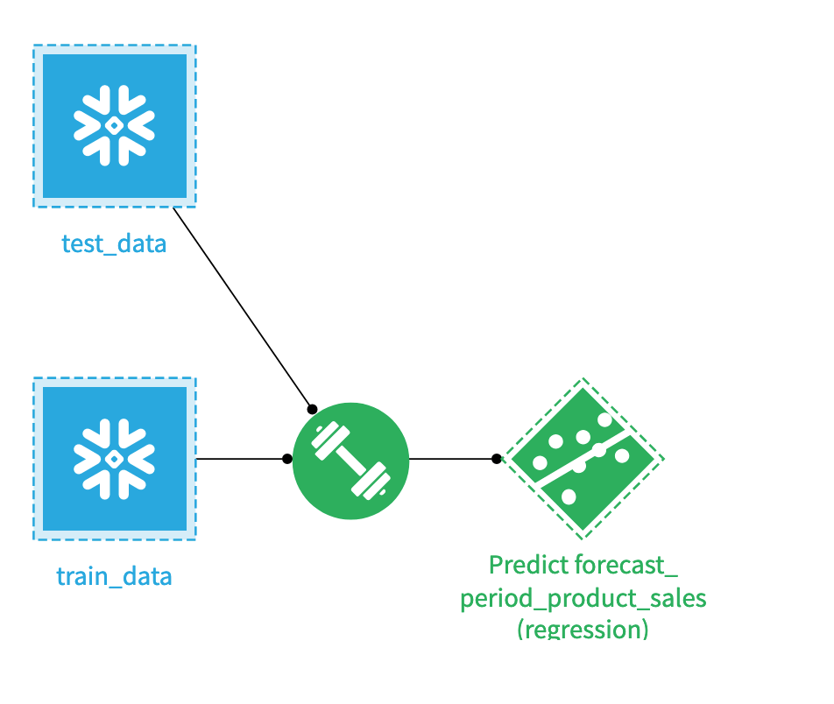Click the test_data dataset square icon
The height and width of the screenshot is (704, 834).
(x=115, y=126)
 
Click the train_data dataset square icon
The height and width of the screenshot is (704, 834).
(x=115, y=459)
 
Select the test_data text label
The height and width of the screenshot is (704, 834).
(x=114, y=243)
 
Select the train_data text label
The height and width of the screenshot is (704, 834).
(x=114, y=576)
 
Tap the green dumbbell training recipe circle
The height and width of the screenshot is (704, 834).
(x=350, y=460)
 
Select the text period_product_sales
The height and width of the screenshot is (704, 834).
(x=583, y=598)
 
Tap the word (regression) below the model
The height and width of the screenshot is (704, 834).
(x=583, y=629)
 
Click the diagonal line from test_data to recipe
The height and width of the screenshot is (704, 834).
(x=242, y=307)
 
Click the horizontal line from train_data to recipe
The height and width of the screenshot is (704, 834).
(x=241, y=459)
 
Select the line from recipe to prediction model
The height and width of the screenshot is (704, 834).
(x=452, y=459)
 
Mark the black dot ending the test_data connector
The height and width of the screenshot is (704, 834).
(x=311, y=409)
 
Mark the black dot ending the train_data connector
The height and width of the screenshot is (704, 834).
(x=287, y=459)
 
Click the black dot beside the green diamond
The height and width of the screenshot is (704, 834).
(x=497, y=459)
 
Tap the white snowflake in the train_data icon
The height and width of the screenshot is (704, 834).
(x=115, y=459)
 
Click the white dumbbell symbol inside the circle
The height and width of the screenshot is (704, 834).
(x=350, y=460)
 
